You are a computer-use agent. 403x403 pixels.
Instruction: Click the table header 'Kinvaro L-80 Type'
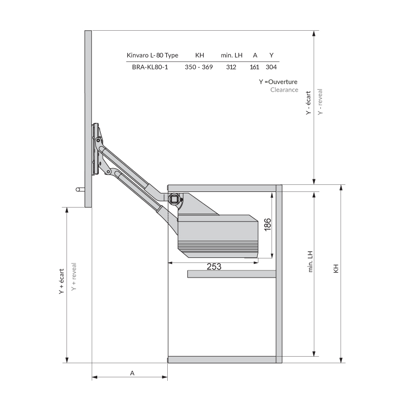click(x=153, y=55)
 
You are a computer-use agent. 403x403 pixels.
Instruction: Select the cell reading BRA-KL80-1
click(x=150, y=67)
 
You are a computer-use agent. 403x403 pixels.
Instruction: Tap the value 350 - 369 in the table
click(x=198, y=67)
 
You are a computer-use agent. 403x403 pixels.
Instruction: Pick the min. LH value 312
click(x=231, y=67)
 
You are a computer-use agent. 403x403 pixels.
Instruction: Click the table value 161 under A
click(x=254, y=67)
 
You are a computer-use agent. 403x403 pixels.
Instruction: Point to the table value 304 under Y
click(x=271, y=67)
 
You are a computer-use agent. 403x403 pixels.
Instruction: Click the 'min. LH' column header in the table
click(x=232, y=55)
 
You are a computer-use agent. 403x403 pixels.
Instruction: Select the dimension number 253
click(x=214, y=267)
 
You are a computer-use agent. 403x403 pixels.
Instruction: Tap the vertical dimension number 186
click(x=267, y=225)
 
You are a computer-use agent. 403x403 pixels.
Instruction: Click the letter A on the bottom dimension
click(x=132, y=373)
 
